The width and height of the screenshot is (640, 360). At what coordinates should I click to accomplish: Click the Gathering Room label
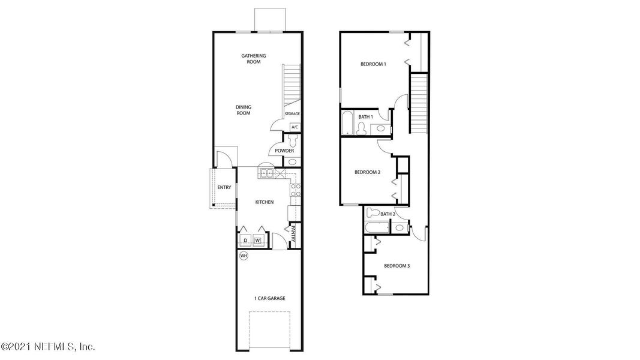point(254,59)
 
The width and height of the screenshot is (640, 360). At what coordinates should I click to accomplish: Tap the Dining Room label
point(243,110)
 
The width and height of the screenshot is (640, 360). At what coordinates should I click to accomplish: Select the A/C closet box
point(295,127)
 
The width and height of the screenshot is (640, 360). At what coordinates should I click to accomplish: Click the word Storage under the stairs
point(292,113)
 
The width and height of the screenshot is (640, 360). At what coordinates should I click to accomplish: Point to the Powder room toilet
point(292,140)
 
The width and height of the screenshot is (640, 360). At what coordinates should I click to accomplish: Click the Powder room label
point(284,151)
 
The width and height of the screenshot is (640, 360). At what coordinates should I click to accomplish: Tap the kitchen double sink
point(266,175)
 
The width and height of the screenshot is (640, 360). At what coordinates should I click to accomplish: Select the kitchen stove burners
point(295,190)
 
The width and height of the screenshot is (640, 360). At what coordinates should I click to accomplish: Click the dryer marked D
point(245,241)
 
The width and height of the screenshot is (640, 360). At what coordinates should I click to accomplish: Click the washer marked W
point(258,241)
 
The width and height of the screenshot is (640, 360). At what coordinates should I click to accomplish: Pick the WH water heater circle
point(244,256)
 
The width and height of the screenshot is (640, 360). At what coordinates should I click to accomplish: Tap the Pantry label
point(294,233)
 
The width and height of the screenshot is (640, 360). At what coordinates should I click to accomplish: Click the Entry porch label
point(224,188)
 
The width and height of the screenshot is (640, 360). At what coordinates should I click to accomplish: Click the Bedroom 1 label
point(373,64)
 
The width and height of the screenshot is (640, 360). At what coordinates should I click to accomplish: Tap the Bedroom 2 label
point(367,172)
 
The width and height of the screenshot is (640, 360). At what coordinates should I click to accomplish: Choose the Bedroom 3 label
point(396,266)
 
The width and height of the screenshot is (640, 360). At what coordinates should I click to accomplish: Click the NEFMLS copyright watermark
point(48,347)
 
